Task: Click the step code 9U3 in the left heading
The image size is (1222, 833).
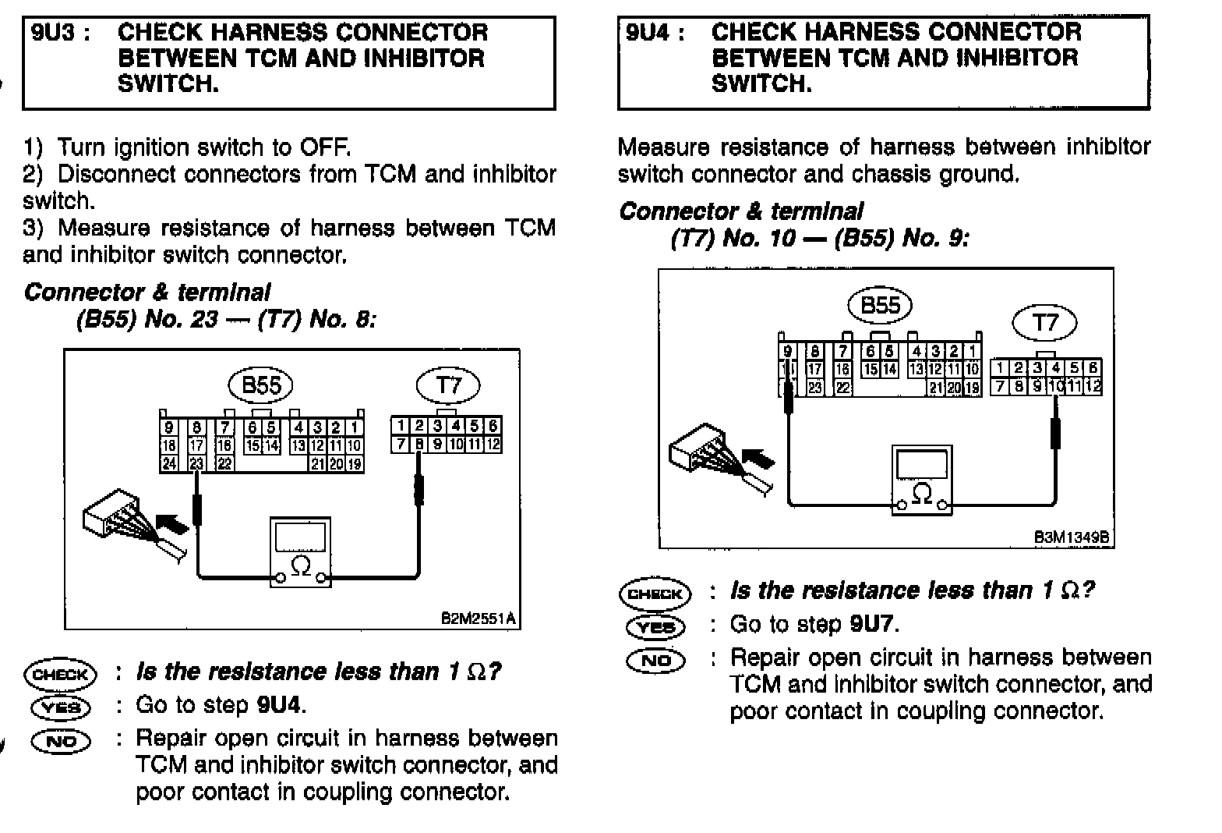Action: [x=52, y=33]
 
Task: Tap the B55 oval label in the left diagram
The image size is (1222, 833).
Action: [x=260, y=385]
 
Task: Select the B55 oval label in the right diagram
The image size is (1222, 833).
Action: [x=880, y=305]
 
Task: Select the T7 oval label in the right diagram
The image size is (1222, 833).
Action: [x=1044, y=322]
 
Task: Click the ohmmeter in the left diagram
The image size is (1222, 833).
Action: [x=300, y=551]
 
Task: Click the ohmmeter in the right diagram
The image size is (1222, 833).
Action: [x=922, y=480]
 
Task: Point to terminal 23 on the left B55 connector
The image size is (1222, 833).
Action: [x=196, y=463]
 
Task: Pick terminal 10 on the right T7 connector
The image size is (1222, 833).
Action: [x=1056, y=385]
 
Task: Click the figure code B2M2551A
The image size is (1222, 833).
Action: [x=477, y=619]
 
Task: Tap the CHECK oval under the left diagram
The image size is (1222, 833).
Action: [x=60, y=673]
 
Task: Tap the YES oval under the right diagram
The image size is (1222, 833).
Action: [x=655, y=626]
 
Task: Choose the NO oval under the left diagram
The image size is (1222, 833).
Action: [x=60, y=740]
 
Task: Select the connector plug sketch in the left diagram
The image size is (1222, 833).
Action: [x=117, y=523]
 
